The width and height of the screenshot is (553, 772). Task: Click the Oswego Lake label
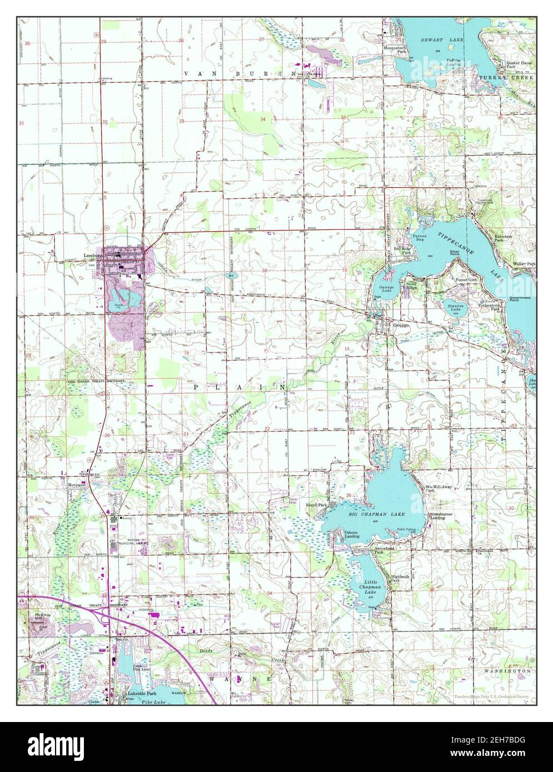387,289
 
